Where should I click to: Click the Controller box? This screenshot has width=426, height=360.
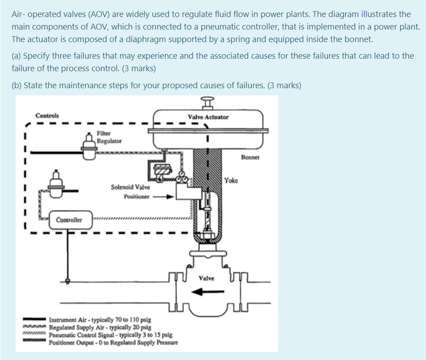69,220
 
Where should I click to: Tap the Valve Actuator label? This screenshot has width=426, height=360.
208,117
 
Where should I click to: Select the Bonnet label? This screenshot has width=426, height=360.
250,158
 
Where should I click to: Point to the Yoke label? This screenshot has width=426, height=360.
231,180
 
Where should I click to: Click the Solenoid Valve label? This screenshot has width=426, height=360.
130,187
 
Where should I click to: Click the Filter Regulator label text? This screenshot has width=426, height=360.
109,137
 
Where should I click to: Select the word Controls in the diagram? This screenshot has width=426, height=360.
47,116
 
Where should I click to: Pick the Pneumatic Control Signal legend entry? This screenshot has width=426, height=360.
110,335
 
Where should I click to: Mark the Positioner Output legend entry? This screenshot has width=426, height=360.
113,343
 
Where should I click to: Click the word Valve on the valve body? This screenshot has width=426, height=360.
207,278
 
